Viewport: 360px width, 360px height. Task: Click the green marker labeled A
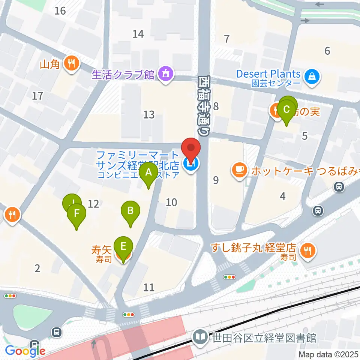(148, 173)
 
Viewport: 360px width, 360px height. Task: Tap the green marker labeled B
(130, 211)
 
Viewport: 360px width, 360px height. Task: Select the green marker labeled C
(286, 110)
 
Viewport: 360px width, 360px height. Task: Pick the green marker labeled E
(123, 247)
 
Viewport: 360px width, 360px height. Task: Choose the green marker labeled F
(76, 214)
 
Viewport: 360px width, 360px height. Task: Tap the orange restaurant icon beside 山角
(71, 63)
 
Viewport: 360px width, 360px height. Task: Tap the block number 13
(149, 114)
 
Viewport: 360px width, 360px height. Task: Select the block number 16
(60, 10)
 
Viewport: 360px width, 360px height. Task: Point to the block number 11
(149, 288)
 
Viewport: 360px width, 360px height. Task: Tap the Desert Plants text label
(268, 73)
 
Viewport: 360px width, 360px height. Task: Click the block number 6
(327, 51)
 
